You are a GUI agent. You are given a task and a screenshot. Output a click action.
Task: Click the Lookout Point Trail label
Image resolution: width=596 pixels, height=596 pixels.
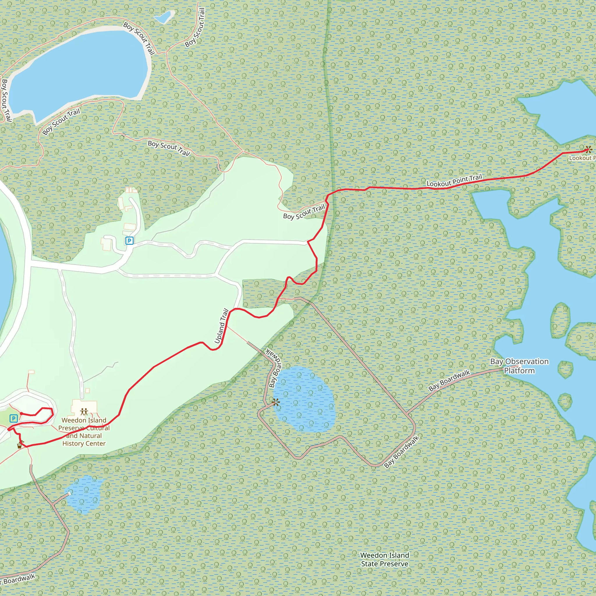pos(454,181)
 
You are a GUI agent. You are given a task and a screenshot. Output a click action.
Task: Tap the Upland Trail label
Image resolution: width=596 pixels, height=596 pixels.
pos(221,326)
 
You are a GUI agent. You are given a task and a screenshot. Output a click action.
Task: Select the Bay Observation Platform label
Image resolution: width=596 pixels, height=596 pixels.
pos(519,366)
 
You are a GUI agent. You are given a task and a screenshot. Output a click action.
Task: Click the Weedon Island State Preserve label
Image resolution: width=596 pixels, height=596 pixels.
pos(384,559)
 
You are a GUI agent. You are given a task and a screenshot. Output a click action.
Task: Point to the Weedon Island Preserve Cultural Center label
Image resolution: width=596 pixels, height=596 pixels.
pos(84,432)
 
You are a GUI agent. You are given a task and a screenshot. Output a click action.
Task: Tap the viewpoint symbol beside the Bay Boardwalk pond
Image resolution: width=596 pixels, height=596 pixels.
pos(276,402)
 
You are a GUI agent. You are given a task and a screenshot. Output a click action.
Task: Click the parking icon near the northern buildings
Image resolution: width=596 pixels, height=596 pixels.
pos(129,241)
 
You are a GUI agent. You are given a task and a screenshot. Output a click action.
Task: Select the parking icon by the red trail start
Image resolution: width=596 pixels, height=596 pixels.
pos(14,418)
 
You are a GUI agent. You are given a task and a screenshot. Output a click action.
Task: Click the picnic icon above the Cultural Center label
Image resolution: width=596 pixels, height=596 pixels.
pos(84,411)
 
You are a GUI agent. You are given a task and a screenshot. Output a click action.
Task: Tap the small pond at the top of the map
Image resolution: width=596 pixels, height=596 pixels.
pos(164,17)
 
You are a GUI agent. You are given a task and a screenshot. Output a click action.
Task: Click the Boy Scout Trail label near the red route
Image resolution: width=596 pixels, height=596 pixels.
pos(304,212)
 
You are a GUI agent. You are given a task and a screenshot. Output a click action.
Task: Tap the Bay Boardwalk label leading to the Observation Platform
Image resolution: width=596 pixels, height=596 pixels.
pos(449,381)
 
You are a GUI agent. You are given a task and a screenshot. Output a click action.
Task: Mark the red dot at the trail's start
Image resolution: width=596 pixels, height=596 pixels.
pos(21,413)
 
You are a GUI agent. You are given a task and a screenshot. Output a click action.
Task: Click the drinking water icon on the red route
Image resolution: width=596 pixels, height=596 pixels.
pos(20,445)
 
